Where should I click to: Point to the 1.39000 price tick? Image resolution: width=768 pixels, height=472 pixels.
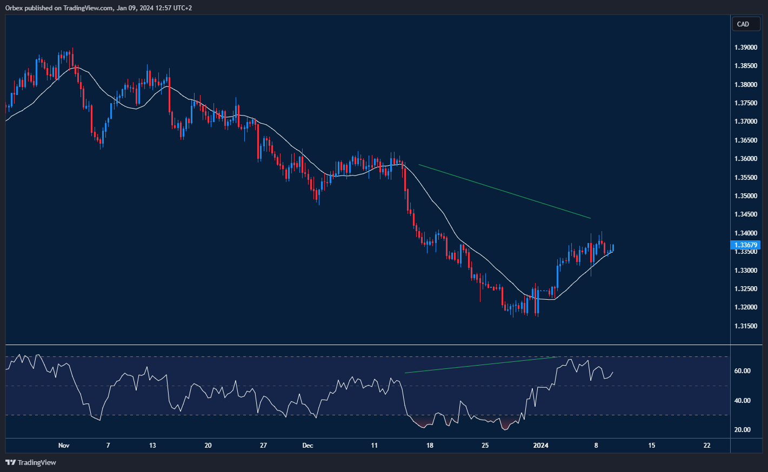point(745,48)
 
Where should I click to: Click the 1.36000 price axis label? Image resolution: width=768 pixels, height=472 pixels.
point(745,159)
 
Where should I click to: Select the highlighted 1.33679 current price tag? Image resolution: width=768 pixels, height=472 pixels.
point(745,245)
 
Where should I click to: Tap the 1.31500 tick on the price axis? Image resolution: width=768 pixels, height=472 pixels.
point(745,326)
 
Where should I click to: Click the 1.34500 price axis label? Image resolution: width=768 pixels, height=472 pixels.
point(745,214)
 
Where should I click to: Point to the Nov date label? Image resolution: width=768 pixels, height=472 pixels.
point(64,446)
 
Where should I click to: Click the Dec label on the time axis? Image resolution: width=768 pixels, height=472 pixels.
point(308,446)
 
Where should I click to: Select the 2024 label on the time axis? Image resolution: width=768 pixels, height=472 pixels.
point(540,446)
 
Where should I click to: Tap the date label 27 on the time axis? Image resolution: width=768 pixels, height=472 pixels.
point(263,446)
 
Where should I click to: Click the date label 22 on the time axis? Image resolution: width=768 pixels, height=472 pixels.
point(707,446)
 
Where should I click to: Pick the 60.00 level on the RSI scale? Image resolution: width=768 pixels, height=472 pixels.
point(742,371)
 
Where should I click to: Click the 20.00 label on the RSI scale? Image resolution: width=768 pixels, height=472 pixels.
point(742,430)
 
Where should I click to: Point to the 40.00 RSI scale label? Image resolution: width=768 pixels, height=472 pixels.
point(742,401)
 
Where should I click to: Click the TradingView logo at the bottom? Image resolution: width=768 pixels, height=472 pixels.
point(31,462)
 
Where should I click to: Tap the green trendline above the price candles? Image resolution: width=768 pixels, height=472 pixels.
point(504,192)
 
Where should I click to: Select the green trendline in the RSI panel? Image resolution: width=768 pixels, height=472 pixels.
point(480,365)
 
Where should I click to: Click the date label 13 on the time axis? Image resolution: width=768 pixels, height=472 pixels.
point(152,446)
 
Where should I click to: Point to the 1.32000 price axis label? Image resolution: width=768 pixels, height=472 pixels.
point(745,307)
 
